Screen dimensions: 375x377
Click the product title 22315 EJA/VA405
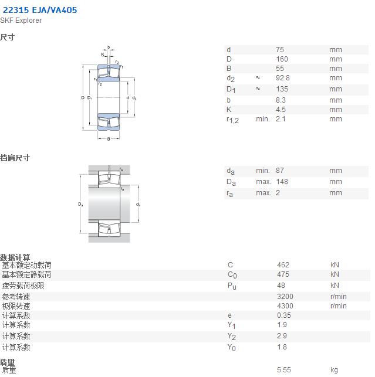pos(40,10)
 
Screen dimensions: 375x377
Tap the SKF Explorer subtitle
pos(21,21)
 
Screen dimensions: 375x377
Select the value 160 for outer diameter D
pos(282,59)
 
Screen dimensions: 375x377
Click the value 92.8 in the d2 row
pos(283,78)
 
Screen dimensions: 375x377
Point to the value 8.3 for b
pos(281,100)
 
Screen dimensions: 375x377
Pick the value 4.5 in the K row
pos(281,110)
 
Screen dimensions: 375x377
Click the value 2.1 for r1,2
pos(281,119)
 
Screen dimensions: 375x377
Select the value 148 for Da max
pos(282,182)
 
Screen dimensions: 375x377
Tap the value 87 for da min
pos(280,171)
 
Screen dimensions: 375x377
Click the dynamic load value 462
pos(283,264)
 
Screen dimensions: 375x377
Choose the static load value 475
pos(283,274)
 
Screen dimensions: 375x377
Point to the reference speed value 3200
pos(285,297)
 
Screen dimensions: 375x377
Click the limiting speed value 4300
pos(285,306)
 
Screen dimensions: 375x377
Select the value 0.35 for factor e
pos(284,315)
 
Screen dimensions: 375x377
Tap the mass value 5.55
pos(284,369)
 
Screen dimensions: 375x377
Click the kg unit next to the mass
pos(334,370)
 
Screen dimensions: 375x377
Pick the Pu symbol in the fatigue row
pos(232,286)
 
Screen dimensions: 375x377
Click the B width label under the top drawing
pos(109,139)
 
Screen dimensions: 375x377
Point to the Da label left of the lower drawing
pos(80,205)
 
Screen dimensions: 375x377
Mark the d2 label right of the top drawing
pos(134,98)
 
